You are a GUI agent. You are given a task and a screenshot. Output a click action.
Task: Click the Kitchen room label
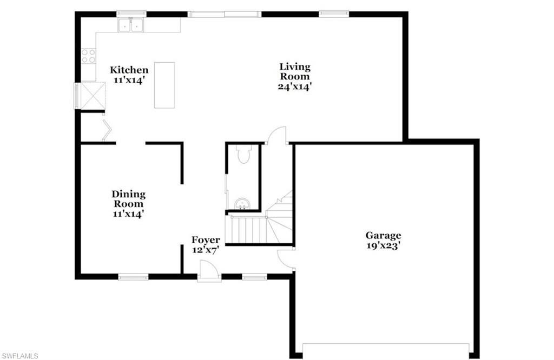coord(129,70)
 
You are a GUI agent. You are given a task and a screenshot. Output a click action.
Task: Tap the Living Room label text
coord(295,71)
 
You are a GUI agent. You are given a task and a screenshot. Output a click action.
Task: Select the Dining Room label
coord(128,199)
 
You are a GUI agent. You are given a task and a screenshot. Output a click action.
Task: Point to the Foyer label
coord(206,240)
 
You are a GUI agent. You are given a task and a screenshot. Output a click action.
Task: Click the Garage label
coord(383,235)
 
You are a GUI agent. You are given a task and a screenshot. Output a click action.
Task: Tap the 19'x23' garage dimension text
coord(383,245)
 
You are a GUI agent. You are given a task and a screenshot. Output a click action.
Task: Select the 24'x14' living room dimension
coord(295,86)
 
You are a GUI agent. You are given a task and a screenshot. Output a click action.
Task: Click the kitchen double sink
coord(130,25)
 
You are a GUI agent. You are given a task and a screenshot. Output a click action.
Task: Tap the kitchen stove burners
coord(88,56)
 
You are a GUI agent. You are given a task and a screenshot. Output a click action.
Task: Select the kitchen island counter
coord(164,85)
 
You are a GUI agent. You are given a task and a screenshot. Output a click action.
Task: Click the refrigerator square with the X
coord(93,96)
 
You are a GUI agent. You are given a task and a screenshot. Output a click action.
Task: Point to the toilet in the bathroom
coord(244,155)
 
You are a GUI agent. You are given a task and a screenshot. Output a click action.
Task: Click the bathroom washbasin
coord(242,204)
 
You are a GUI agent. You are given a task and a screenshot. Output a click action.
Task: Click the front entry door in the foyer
coord(209,270)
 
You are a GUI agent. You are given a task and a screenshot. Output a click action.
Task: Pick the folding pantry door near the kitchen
coord(107,131)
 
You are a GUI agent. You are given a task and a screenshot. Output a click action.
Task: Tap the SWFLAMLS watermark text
coord(20,355)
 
